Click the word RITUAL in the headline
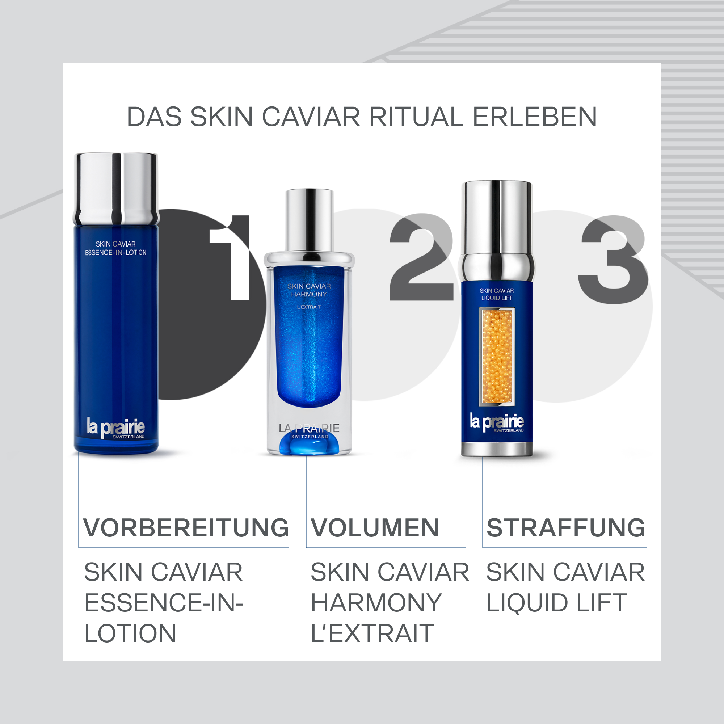(x=416, y=117)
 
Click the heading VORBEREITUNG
(x=186, y=528)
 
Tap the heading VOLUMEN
(x=375, y=528)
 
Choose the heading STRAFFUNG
(x=565, y=528)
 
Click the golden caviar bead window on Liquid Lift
(x=497, y=356)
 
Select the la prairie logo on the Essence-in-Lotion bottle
(x=115, y=427)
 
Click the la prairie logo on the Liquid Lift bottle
(x=497, y=422)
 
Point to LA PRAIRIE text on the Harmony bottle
(x=309, y=428)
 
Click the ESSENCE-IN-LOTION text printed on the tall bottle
(x=115, y=253)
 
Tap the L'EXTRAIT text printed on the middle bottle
(x=309, y=307)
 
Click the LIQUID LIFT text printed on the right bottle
(x=497, y=298)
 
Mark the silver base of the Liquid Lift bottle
(x=497, y=449)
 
